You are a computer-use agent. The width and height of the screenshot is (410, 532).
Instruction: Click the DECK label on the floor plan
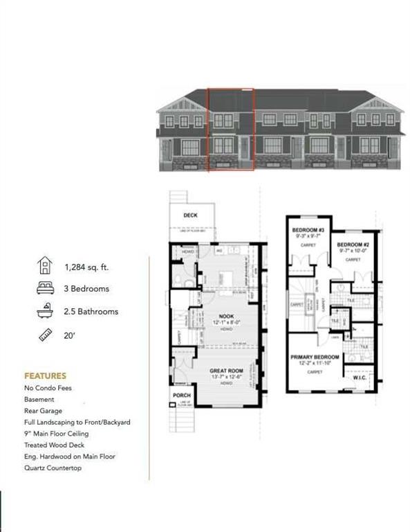[x=190, y=215]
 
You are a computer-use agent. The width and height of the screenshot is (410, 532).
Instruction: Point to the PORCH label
[x=180, y=396]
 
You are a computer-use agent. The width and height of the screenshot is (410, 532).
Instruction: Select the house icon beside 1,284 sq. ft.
[x=45, y=265]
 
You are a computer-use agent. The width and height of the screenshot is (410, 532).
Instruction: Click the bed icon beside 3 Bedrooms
[x=45, y=288]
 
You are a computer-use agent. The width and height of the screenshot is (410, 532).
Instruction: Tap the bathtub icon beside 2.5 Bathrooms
[x=45, y=311]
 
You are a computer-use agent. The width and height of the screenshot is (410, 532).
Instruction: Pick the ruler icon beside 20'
[x=45, y=334]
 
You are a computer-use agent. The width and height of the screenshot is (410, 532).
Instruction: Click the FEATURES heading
[x=45, y=375]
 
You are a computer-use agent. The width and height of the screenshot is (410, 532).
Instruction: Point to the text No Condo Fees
[x=48, y=388]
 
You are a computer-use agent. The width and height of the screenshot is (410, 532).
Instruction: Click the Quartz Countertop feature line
[x=52, y=468]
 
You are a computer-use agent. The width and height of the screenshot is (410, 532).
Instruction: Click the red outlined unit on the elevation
[x=232, y=130]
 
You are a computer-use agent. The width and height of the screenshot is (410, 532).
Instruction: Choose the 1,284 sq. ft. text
[x=86, y=266]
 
